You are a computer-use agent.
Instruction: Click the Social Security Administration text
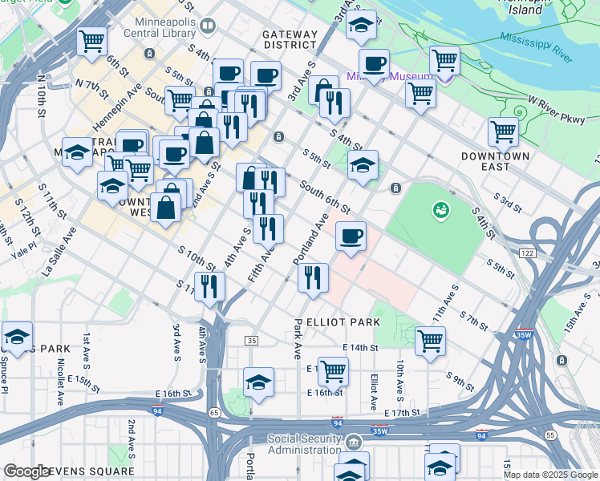[x=304, y=443]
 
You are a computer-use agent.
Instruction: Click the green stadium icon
[x=440, y=211]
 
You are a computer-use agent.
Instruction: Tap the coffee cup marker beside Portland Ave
[x=351, y=236]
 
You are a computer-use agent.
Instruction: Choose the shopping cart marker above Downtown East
[x=503, y=131]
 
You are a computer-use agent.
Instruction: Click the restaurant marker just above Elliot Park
[x=313, y=277]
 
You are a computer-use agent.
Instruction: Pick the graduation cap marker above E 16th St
[x=258, y=383]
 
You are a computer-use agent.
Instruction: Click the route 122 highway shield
[x=526, y=253]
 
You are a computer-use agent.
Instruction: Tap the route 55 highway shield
[x=549, y=435]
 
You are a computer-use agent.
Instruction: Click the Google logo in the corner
[x=26, y=472]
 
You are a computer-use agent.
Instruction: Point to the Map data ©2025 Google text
[x=550, y=475]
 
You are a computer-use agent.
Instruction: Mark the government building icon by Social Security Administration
[x=354, y=442]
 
